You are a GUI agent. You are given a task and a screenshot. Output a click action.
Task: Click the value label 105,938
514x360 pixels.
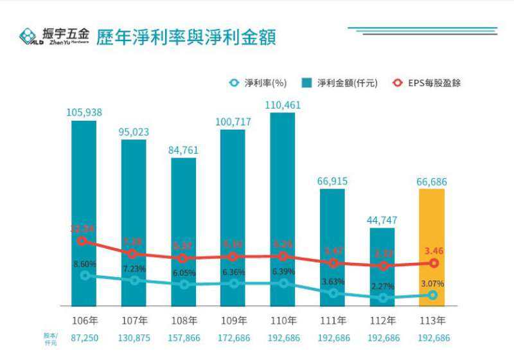(84, 113)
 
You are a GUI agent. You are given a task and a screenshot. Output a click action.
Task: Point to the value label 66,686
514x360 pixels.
(432, 182)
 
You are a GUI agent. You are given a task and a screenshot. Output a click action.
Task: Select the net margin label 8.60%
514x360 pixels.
(84, 264)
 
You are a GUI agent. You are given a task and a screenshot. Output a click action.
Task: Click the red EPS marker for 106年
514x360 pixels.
(82, 241)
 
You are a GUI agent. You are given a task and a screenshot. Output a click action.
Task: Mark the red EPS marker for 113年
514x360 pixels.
(434, 263)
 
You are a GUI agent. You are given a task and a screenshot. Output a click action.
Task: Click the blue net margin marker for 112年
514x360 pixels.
(384, 298)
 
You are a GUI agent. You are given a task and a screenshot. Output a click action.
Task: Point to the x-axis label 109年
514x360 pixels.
(233, 320)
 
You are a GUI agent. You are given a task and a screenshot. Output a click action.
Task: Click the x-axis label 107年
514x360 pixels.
(134, 320)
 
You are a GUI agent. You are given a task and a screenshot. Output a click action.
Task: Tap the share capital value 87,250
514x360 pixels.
(84, 337)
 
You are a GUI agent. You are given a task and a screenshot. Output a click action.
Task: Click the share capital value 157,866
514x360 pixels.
(183, 337)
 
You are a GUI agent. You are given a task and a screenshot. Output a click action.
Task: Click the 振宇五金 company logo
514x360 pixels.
(54, 36)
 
